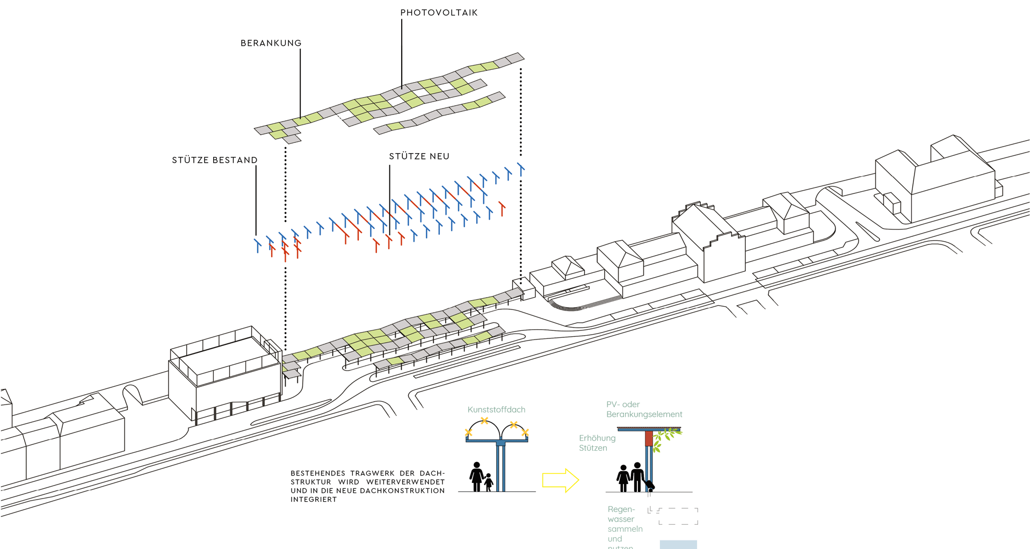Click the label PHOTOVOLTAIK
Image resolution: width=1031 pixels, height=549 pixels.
439,13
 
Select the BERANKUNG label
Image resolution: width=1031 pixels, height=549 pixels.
271,44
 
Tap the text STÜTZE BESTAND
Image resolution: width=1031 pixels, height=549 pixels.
214,160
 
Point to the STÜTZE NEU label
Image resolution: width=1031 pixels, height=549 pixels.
419,156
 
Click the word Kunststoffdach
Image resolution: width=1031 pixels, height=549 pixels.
496,410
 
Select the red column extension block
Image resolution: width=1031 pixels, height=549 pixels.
649,438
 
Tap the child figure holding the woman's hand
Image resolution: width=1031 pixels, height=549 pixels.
489,482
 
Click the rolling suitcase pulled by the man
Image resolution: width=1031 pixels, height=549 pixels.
650,486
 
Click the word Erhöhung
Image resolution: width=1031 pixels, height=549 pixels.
597,438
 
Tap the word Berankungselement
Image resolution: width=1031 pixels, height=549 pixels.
644,415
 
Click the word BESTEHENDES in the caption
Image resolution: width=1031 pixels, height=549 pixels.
318,473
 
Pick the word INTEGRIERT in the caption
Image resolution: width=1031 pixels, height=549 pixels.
314,500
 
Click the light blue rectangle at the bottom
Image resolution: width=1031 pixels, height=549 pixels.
678,544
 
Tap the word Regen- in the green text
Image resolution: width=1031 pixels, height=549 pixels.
621,509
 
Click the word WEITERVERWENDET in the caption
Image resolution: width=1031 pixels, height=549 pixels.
405,482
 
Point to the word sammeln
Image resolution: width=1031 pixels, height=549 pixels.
625,529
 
